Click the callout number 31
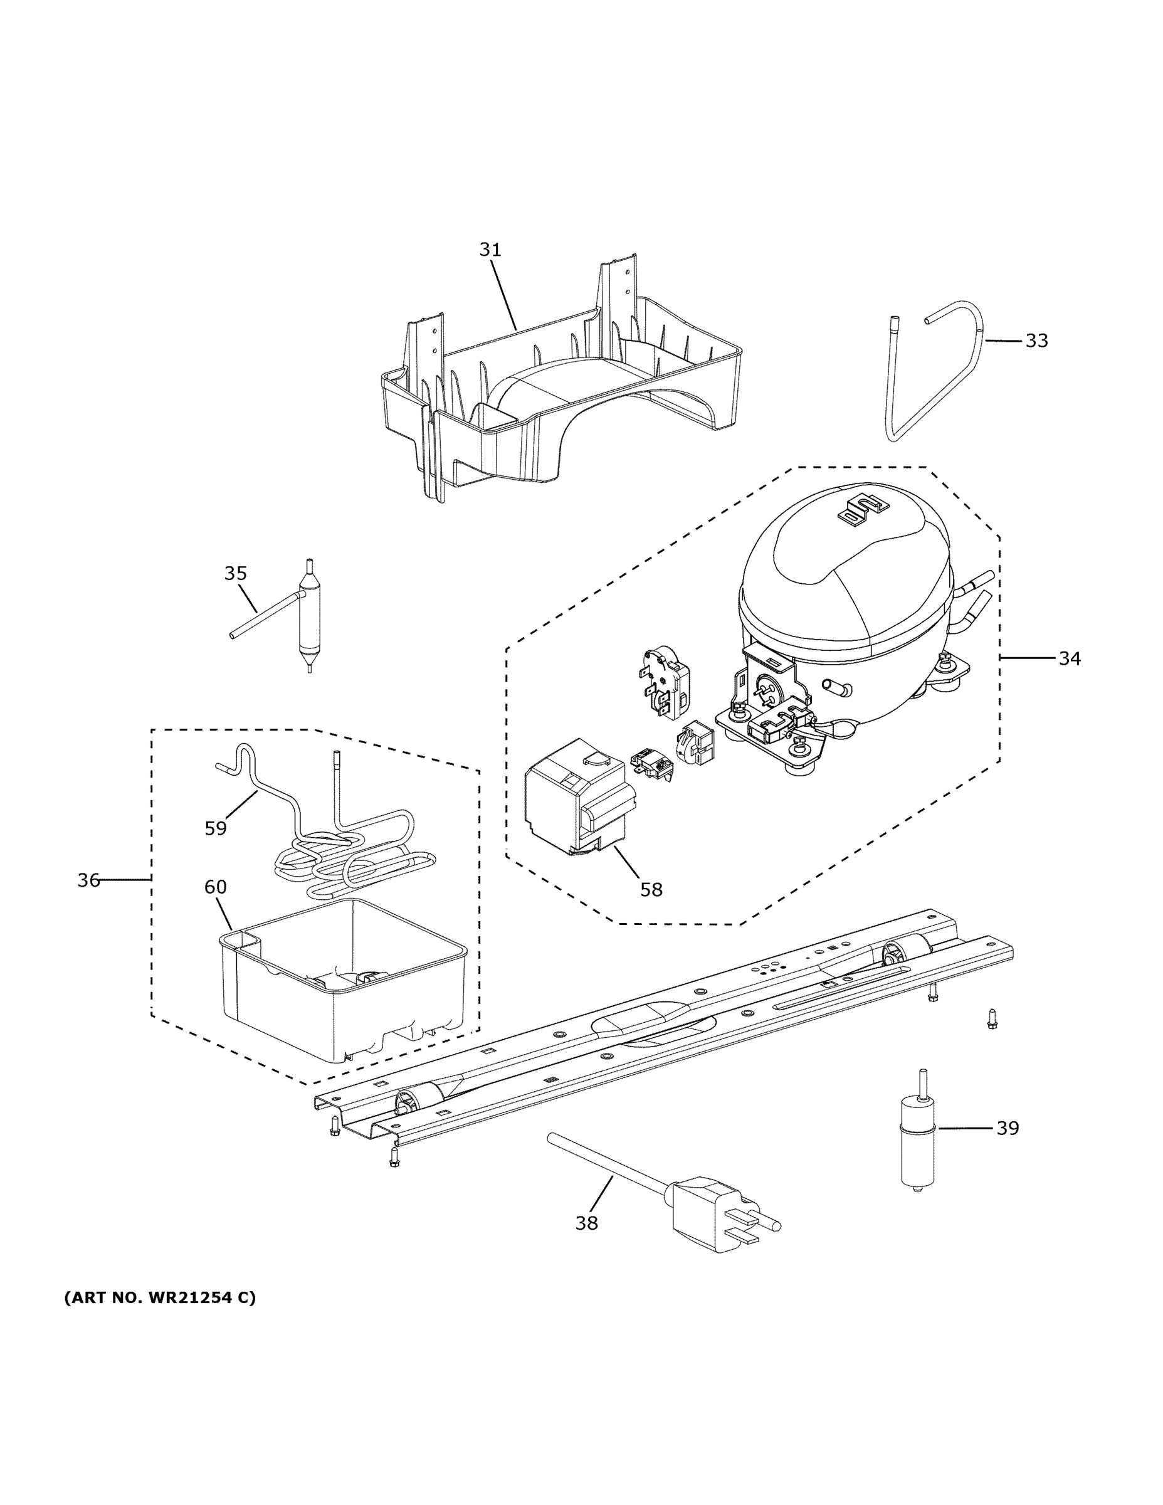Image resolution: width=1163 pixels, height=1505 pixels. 490,250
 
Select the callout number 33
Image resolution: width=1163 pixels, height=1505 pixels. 1036,341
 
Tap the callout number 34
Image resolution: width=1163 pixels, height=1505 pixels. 1070,659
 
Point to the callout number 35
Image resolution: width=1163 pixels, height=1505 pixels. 236,573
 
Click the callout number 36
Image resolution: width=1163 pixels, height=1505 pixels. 88,880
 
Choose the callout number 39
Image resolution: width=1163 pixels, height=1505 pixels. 1008,1128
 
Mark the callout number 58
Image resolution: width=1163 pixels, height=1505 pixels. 651,890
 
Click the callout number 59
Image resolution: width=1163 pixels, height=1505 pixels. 216,828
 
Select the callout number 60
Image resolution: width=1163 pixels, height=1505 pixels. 216,887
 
